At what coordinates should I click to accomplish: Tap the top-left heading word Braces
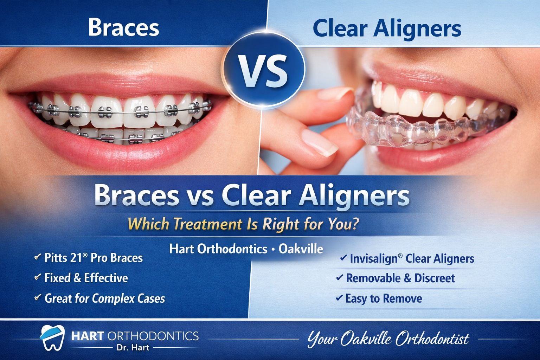[123, 27]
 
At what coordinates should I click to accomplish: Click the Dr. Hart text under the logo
[133, 348]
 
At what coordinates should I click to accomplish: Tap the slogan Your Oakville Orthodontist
[388, 339]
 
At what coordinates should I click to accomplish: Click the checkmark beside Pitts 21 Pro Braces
[37, 257]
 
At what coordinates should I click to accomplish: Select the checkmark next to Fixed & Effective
[37, 278]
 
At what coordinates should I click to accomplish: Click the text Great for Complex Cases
[104, 298]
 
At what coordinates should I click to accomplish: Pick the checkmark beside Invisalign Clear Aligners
[343, 258]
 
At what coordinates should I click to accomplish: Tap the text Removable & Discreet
[400, 278]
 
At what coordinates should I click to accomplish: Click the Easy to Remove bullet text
[384, 298]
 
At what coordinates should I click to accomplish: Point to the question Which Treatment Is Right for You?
[243, 224]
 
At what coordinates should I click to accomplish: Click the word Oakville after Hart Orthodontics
[301, 249]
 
